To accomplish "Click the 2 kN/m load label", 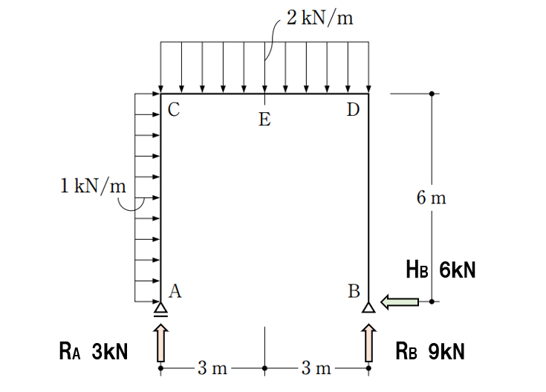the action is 319,17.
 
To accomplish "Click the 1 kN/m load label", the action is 93,186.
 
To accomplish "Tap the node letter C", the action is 174,109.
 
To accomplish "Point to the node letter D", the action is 353,109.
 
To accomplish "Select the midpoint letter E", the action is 264,120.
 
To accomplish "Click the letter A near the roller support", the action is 175,291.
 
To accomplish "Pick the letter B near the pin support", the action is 354,291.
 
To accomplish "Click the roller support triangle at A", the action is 160,310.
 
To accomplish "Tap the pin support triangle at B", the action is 368,307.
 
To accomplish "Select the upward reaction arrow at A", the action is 160,343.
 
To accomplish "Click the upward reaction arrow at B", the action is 368,343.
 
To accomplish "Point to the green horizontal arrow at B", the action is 400,302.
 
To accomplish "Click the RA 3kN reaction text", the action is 94,351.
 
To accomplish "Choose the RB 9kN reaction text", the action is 430,351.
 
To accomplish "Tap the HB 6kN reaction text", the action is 441,269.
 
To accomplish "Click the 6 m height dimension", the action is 431,197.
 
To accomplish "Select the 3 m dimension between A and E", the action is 212,368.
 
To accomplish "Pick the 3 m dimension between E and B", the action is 316,368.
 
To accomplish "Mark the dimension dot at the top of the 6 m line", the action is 432,94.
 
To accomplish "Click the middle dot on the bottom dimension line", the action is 264,368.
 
